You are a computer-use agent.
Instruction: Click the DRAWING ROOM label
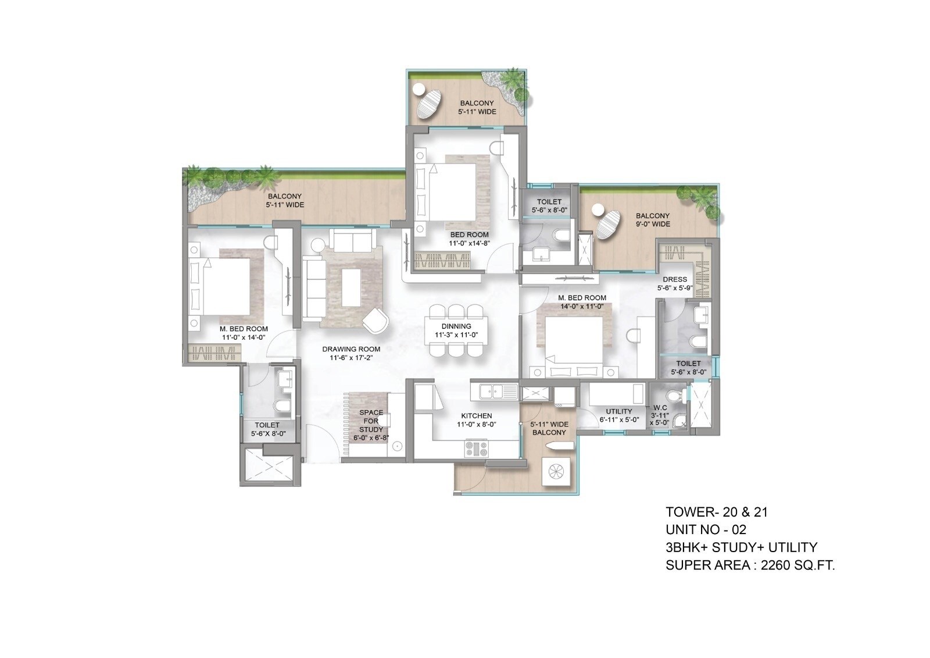[x=351, y=349]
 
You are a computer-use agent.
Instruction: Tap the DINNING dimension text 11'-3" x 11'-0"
[x=456, y=336]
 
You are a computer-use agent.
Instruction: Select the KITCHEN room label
[x=476, y=416]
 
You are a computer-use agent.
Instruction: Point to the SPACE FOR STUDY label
[x=371, y=421]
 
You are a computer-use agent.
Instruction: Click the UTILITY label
[x=618, y=412]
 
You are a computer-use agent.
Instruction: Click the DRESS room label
[x=674, y=279]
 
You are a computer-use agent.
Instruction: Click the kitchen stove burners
[x=476, y=448]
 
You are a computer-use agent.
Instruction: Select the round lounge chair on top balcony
[x=429, y=105]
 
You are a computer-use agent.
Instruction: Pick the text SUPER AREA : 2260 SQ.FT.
[x=750, y=565]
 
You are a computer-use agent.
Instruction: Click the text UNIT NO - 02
[x=706, y=529]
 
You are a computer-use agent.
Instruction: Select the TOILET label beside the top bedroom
[x=549, y=202]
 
